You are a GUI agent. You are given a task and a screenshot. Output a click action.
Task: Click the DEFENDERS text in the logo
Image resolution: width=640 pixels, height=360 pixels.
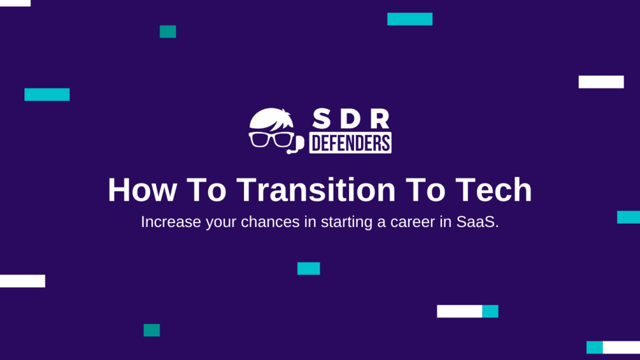pyautogui.click(x=350, y=143)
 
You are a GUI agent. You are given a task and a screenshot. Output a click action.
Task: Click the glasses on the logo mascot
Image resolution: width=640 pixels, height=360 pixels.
pyautogui.click(x=271, y=140)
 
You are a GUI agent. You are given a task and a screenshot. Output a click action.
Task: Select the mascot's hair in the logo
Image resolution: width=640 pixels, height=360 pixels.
pyautogui.click(x=272, y=119)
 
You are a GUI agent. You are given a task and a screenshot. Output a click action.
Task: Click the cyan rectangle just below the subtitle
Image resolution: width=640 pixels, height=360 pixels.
pyautogui.click(x=308, y=268)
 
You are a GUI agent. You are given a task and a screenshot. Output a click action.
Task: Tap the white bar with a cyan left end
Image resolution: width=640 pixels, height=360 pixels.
pyautogui.click(x=613, y=347)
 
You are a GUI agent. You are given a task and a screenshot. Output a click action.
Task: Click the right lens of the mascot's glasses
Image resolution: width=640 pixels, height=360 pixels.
pyautogui.click(x=281, y=140)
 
